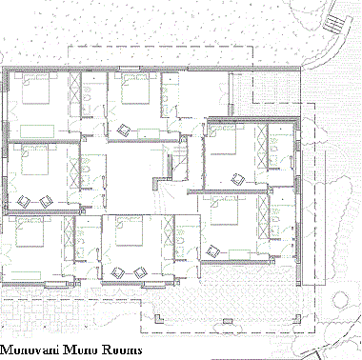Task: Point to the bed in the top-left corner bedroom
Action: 36,92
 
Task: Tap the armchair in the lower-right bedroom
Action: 213,250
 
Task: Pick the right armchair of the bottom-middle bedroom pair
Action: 140,272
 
